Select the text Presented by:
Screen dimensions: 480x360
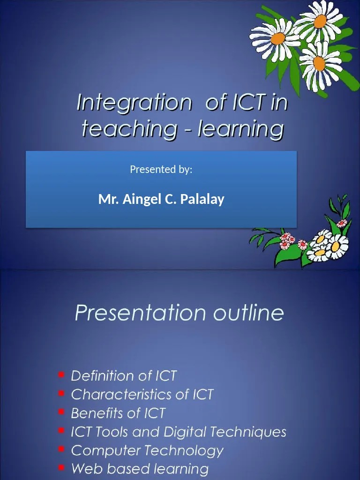tap(161, 169)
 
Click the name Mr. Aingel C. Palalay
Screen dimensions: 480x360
tap(161, 199)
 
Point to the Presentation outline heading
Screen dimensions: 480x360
tap(179, 313)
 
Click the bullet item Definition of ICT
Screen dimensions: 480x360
tap(124, 376)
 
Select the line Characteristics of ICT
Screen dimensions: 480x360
tap(142, 395)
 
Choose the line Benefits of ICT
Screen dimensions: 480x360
tap(118, 413)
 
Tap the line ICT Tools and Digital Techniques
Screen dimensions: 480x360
tap(178, 432)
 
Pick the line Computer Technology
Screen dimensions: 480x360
tap(147, 450)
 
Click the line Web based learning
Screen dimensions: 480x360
tap(140, 469)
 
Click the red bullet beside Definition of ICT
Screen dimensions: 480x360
tap(61, 375)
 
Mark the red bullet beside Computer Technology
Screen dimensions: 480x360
tap(61, 450)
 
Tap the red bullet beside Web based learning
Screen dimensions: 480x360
tap(61, 468)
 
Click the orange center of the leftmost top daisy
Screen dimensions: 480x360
tap(277, 38)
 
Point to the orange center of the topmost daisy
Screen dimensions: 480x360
tap(320, 21)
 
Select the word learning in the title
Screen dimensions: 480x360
tap(241, 128)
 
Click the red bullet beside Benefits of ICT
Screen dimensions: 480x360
tap(61, 412)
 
